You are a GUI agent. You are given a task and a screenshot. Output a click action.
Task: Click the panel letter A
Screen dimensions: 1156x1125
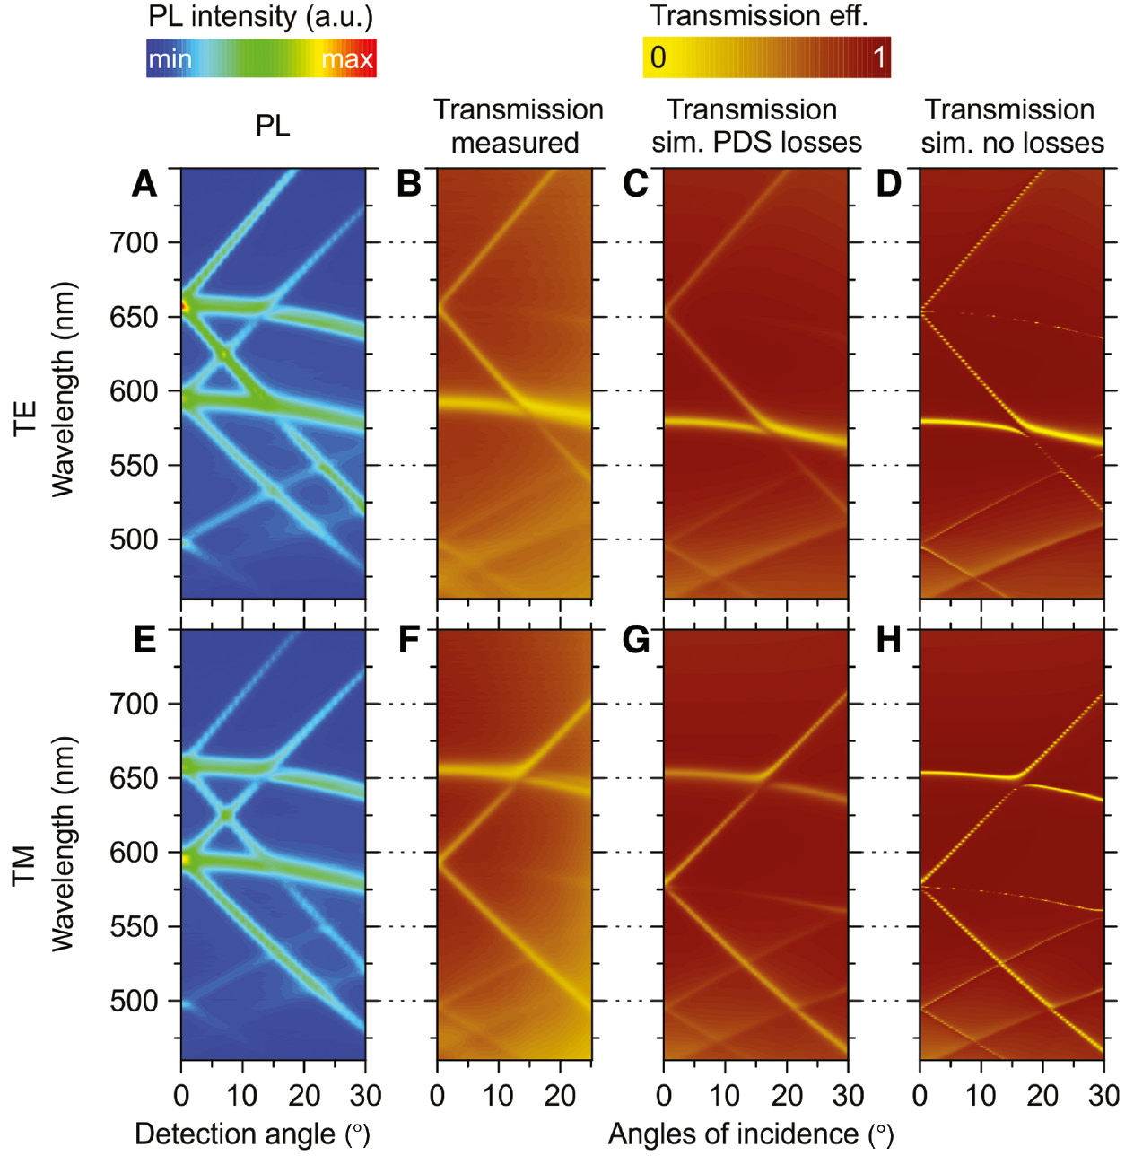tap(144, 183)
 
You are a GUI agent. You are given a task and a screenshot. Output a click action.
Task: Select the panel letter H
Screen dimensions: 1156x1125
tap(888, 640)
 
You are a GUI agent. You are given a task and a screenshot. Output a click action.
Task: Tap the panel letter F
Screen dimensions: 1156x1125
tap(408, 640)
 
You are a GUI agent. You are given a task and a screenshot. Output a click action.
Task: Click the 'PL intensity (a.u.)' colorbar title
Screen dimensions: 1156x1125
tap(260, 16)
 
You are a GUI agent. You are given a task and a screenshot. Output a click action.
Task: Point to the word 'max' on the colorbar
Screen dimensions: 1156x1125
tap(346, 59)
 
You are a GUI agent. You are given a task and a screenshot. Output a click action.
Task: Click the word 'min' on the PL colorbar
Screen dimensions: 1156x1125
tap(170, 59)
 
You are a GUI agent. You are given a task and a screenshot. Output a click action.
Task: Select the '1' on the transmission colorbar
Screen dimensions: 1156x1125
tap(879, 57)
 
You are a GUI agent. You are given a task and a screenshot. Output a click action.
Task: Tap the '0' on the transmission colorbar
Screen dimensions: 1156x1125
tap(658, 57)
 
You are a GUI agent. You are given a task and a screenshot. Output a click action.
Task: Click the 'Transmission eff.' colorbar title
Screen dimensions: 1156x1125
tap(759, 16)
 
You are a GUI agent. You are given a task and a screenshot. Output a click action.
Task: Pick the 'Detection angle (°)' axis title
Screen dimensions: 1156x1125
tap(252, 1134)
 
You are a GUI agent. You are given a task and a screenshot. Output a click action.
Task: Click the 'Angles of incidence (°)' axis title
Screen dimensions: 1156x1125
tap(751, 1134)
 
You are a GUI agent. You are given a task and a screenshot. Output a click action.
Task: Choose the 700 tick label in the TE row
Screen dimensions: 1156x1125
tap(134, 242)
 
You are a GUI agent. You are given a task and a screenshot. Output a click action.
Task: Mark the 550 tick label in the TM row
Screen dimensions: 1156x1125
tap(134, 926)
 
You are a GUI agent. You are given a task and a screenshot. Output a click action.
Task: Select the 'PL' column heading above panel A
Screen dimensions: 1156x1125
tap(273, 126)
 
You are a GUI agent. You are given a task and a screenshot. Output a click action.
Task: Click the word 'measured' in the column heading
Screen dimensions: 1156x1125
tap(515, 143)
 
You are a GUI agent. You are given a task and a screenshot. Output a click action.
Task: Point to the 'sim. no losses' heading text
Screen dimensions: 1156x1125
tap(1012, 143)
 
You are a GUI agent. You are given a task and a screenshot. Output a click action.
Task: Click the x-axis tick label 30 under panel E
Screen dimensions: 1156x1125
tap(365, 1096)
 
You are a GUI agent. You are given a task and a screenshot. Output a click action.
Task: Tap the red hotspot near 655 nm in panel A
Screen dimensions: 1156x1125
tap(185, 307)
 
